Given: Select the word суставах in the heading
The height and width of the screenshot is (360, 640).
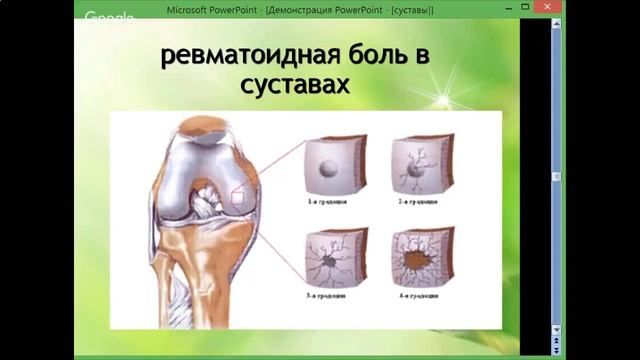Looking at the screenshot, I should tap(297, 87).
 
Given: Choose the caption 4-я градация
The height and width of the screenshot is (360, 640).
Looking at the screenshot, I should tap(417, 296).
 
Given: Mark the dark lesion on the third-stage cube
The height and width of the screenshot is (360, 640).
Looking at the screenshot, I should tap(329, 262).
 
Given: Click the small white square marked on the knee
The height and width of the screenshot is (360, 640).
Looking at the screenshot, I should tap(238, 198).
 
